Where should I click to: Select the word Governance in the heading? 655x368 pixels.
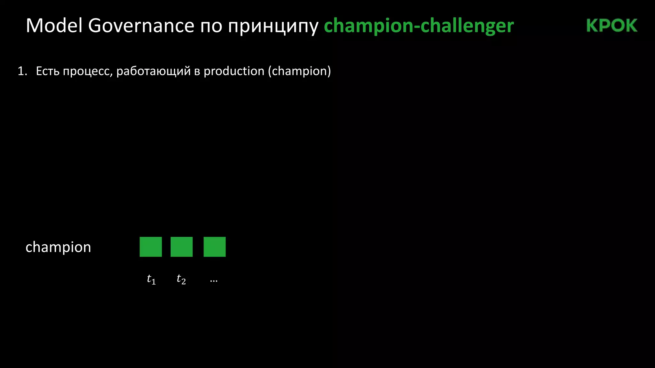[x=141, y=26]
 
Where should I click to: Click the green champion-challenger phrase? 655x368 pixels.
[x=419, y=26]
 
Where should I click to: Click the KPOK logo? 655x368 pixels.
[x=612, y=26]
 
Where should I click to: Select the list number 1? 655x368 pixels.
[x=22, y=71]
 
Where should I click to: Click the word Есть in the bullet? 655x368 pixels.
[x=48, y=71]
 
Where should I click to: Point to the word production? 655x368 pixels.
[x=234, y=71]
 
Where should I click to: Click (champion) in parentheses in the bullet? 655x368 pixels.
[x=299, y=71]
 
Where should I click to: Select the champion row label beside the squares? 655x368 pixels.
[x=58, y=247]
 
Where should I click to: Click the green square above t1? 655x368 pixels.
[x=151, y=247]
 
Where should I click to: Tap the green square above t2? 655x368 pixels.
[x=182, y=247]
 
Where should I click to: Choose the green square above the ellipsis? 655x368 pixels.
[x=215, y=247]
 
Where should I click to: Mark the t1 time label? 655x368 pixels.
[x=151, y=279]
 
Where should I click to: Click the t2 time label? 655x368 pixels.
[x=181, y=279]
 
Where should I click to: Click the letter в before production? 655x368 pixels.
[x=197, y=72]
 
